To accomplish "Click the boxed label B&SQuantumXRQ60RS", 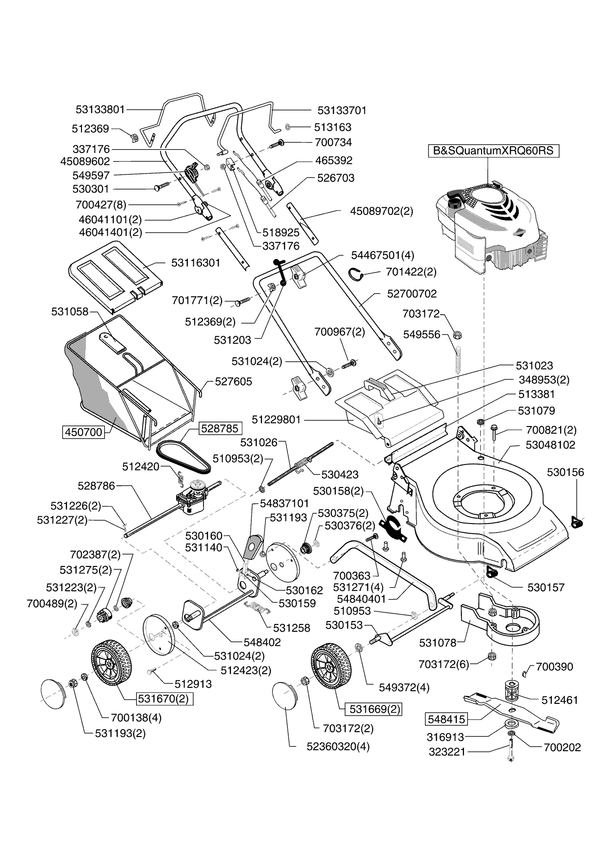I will (x=493, y=150).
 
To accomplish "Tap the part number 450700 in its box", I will (x=83, y=432).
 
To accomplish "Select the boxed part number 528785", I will (x=220, y=428).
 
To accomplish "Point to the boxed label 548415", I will (x=446, y=719).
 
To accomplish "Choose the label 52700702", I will (x=412, y=293).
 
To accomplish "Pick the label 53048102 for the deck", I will (x=550, y=445).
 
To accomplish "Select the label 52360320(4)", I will (x=338, y=746).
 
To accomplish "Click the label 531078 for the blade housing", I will (x=438, y=643).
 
